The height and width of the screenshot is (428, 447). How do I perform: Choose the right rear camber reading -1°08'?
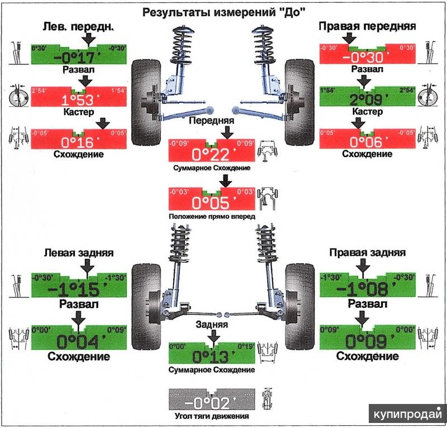click(x=367, y=289)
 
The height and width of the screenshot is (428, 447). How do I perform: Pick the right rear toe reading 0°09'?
click(x=367, y=340)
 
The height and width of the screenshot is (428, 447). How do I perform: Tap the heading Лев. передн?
click(x=78, y=26)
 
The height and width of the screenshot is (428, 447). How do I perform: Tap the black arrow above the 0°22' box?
click(x=226, y=132)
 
